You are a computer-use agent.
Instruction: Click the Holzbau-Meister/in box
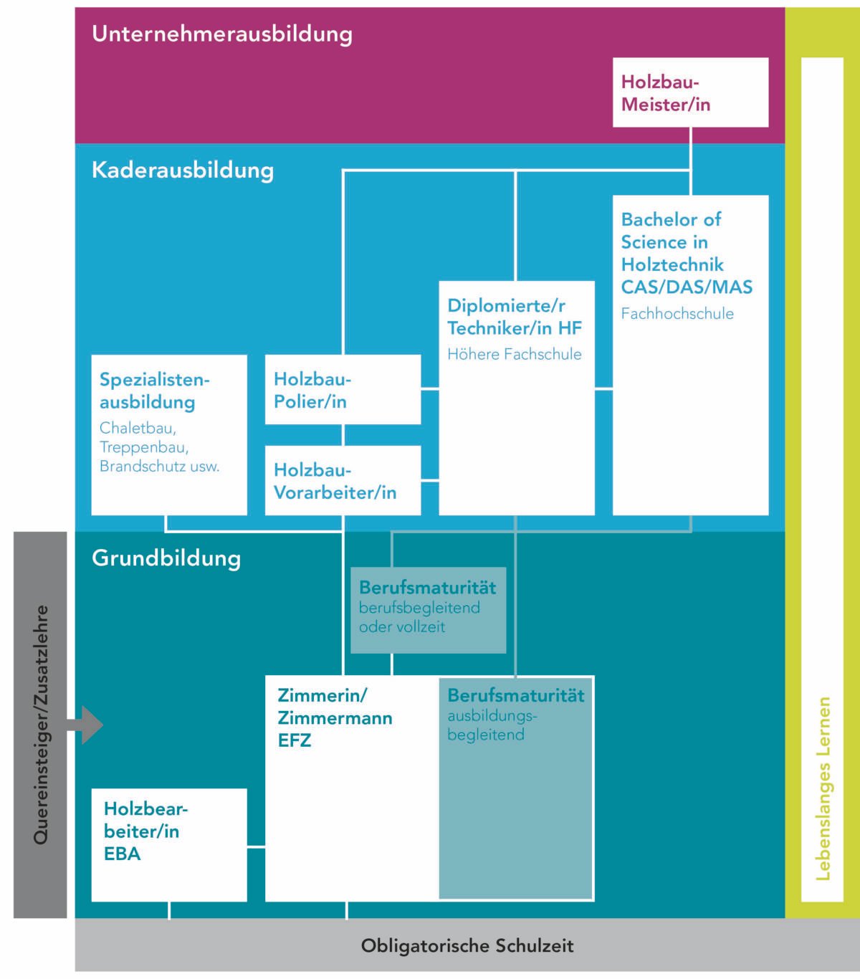(x=690, y=92)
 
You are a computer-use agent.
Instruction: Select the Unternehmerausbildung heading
(x=222, y=34)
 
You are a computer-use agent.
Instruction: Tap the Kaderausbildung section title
(x=183, y=171)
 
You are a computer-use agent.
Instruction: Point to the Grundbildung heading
(x=166, y=558)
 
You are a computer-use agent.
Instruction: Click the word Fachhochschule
(x=677, y=314)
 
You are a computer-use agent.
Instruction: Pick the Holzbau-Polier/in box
(x=343, y=389)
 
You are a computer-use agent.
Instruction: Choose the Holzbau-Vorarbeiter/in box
(x=343, y=480)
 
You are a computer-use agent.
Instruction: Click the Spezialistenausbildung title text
(x=155, y=391)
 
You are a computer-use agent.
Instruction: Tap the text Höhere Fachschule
(x=514, y=354)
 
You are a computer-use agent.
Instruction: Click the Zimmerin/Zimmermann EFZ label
(x=335, y=718)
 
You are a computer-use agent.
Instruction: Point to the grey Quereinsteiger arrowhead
(x=92, y=725)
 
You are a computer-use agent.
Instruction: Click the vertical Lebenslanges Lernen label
(x=823, y=788)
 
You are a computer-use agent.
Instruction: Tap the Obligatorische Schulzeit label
(x=467, y=945)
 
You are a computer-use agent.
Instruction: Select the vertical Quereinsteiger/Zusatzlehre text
(x=41, y=725)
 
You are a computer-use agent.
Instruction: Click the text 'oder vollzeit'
(x=402, y=627)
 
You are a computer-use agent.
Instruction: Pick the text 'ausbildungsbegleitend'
(x=492, y=725)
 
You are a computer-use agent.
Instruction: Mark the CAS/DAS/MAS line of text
(x=687, y=287)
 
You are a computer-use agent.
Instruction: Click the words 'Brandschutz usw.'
(x=159, y=467)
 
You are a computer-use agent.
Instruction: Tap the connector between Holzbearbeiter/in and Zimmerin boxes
(x=256, y=846)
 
